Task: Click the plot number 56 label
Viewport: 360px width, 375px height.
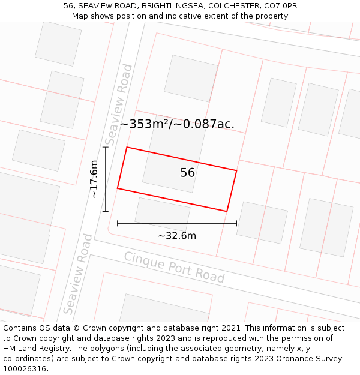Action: point(188,173)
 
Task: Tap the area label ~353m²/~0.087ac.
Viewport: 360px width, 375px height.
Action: point(177,124)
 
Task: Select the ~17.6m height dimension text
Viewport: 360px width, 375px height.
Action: point(94,179)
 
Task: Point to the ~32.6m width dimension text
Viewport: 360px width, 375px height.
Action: point(177,236)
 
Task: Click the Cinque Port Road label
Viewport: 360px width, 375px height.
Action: point(174,267)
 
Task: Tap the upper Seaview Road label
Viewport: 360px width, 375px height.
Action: point(118,105)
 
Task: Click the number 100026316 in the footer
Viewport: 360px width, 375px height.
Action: point(24,369)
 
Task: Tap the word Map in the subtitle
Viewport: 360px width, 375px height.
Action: point(80,16)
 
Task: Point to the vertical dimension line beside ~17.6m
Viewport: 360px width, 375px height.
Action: point(106,179)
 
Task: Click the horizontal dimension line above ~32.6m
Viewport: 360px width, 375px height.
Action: point(177,223)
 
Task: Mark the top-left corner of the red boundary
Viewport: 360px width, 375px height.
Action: point(127,147)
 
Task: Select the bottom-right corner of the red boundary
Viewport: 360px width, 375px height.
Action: point(227,211)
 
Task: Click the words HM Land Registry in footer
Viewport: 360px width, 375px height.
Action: point(34,349)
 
